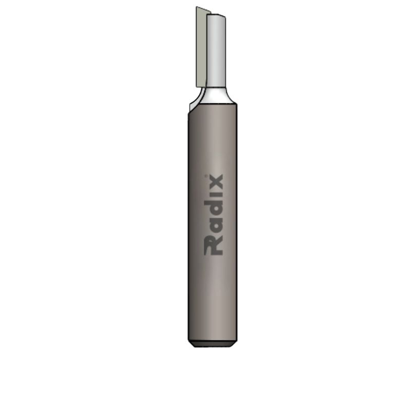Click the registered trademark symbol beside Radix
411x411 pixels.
click(x=206, y=176)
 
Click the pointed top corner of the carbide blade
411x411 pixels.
click(x=197, y=7)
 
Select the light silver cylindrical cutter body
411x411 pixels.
click(x=216, y=50)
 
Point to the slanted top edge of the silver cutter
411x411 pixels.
click(x=216, y=15)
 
